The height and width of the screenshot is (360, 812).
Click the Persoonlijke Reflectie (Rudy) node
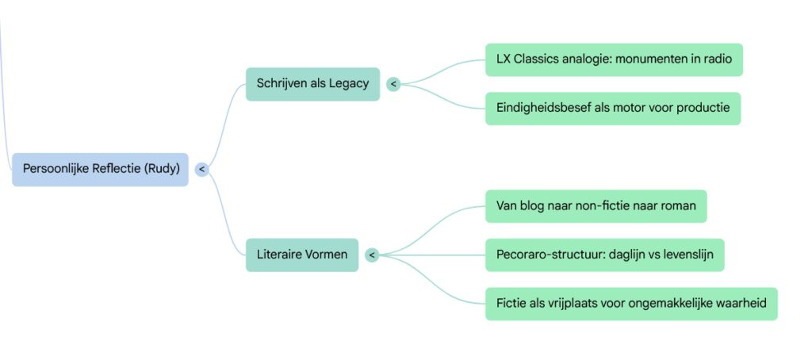click(100, 169)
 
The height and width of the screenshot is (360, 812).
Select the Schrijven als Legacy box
click(312, 83)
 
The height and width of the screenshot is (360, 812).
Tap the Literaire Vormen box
click(301, 255)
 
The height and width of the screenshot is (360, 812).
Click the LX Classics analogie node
click(613, 59)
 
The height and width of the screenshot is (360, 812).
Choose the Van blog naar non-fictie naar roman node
click(596, 206)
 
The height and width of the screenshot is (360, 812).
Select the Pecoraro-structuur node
click(604, 255)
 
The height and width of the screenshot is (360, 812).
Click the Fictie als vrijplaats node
click(631, 304)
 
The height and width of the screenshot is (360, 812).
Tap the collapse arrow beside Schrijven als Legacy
click(393, 83)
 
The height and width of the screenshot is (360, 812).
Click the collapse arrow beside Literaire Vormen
click(371, 255)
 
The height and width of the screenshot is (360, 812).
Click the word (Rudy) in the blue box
click(162, 169)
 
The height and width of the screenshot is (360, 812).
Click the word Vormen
click(326, 255)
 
